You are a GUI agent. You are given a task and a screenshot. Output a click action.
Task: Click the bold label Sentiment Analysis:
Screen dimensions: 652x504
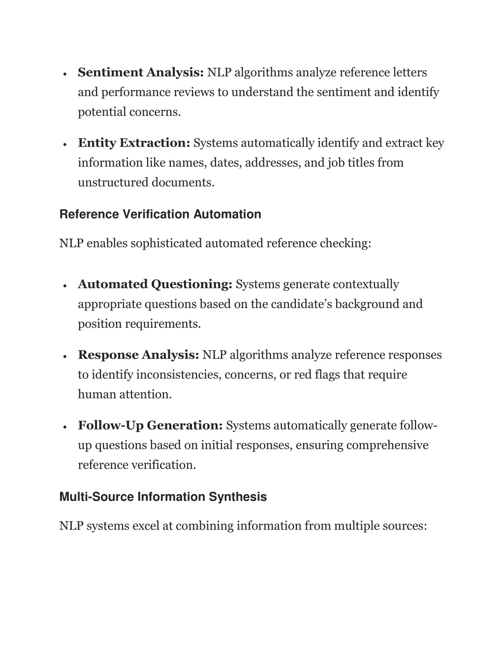coord(141,73)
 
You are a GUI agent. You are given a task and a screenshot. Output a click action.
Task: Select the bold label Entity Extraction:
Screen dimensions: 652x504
coord(134,143)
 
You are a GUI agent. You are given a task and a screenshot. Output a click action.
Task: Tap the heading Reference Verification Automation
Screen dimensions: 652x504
coord(160,215)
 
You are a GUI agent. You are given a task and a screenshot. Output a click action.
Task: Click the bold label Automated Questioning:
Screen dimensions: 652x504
coord(155,284)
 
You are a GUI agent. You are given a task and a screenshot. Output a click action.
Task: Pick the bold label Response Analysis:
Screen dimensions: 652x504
coord(138,355)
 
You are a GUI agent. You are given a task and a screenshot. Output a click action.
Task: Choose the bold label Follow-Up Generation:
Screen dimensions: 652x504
coord(151,426)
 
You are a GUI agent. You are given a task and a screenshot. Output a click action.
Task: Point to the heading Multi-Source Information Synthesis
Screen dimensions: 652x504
coord(163,497)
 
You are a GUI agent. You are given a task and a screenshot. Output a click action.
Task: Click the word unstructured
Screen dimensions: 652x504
coord(113,183)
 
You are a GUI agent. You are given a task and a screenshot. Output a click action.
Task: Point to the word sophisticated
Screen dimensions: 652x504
coord(166,244)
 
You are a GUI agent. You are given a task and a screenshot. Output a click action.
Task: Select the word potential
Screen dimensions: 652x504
coord(102,112)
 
